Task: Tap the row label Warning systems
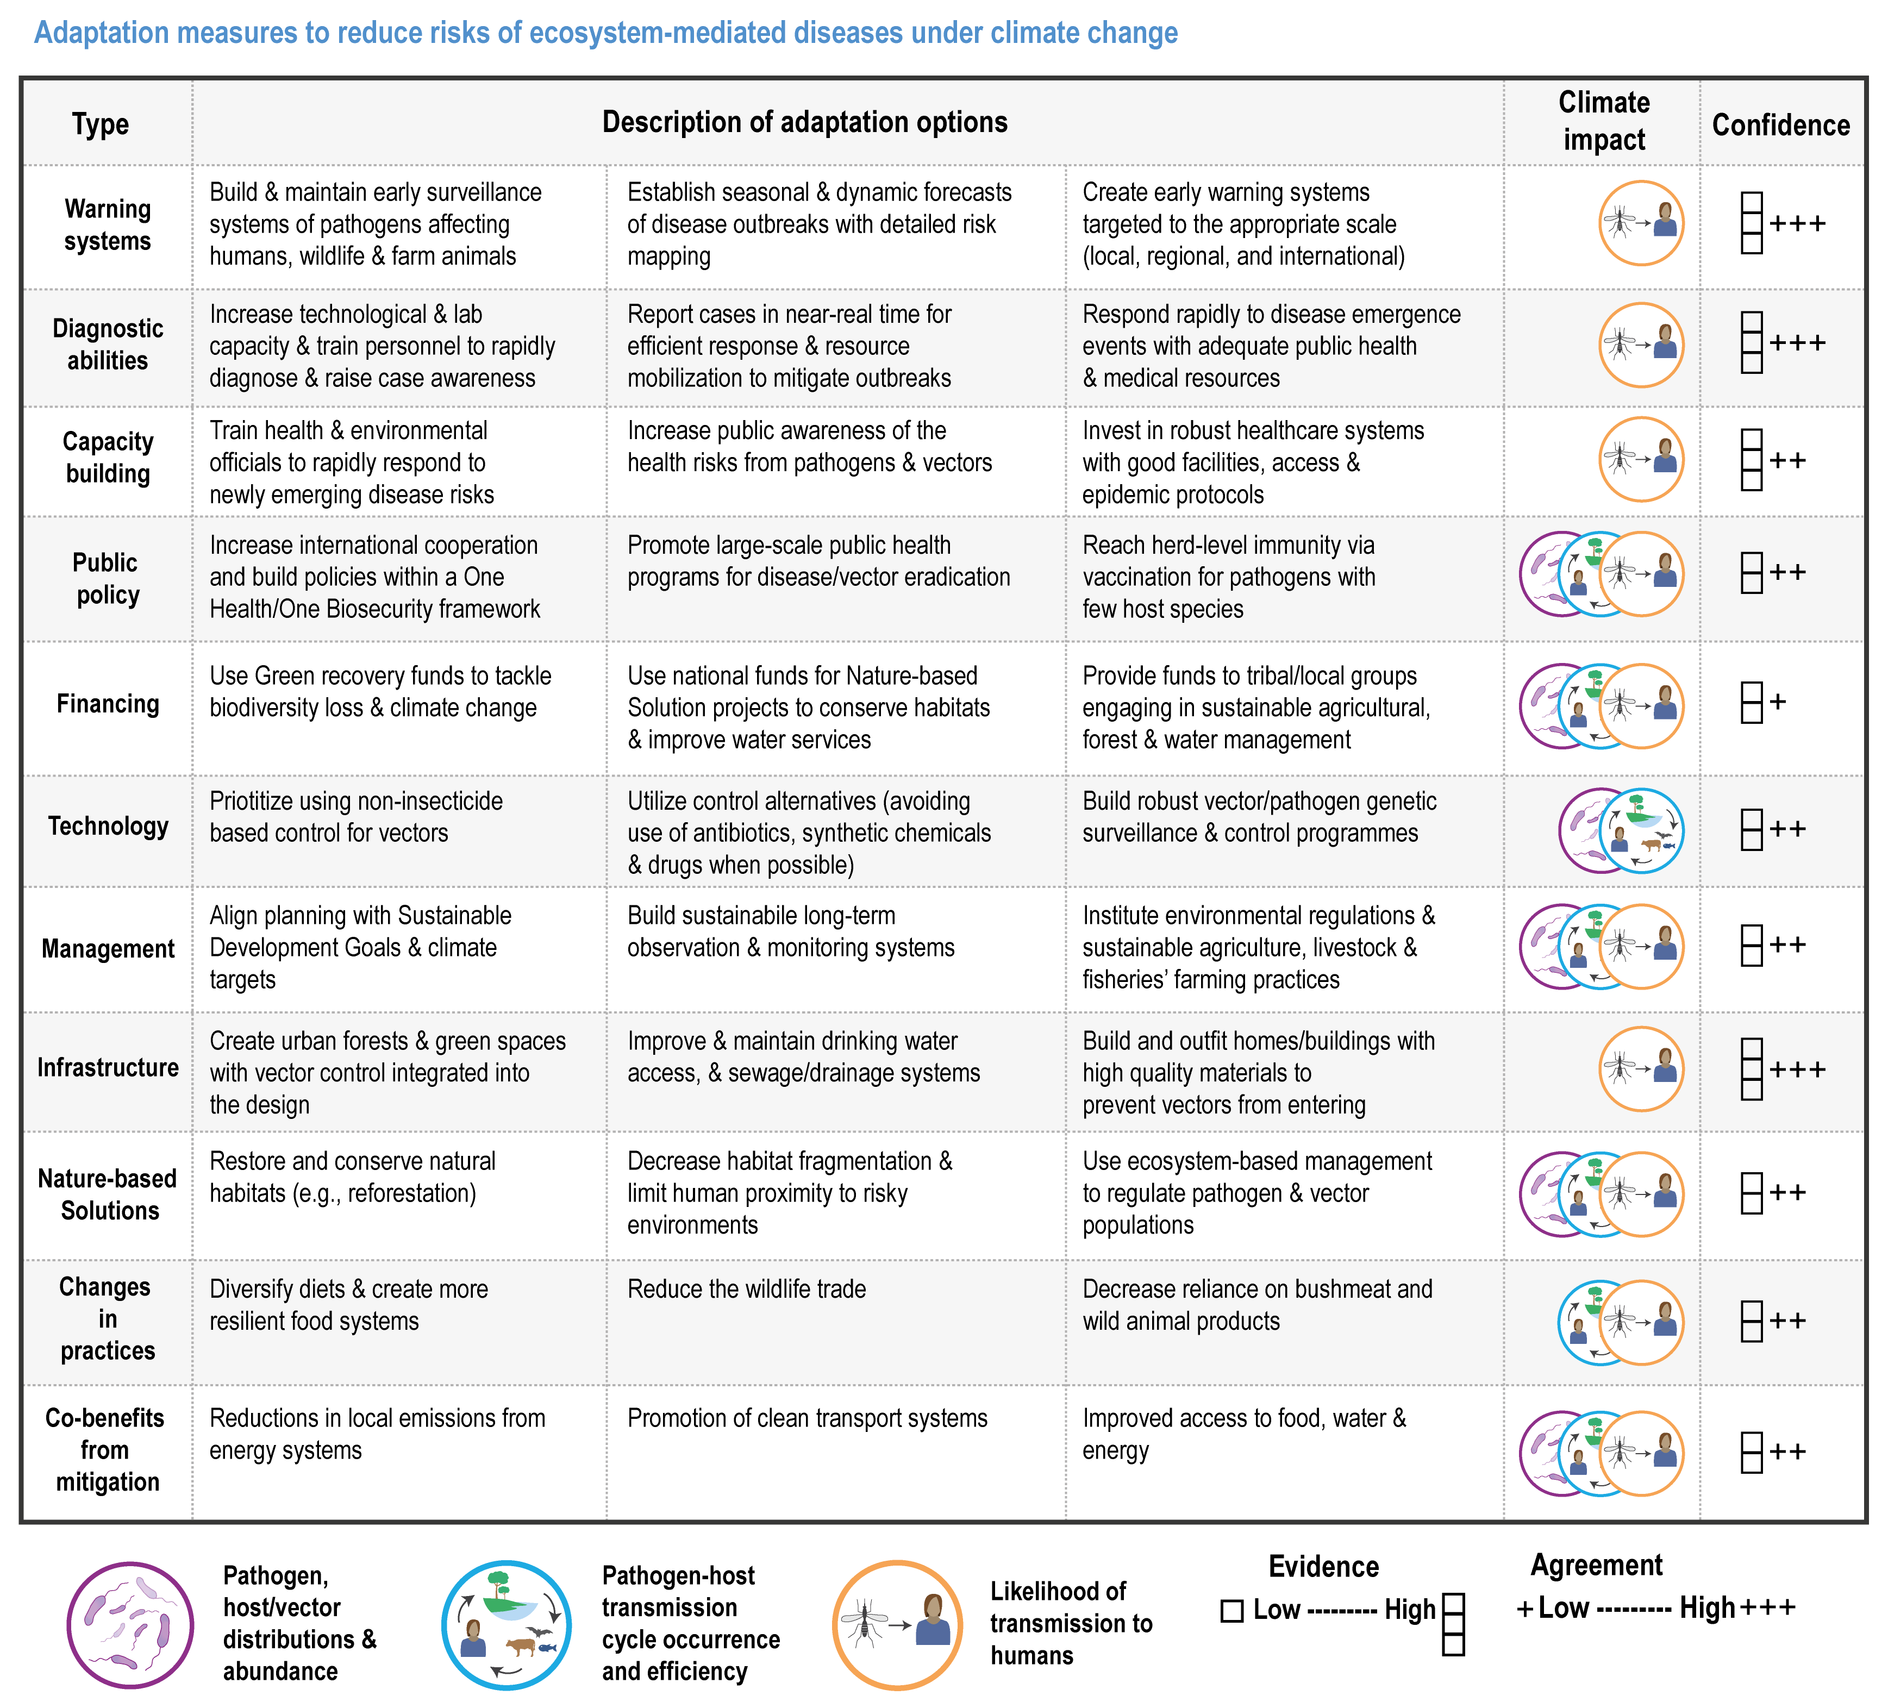(108, 225)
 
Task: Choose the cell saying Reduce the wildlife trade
(746, 1290)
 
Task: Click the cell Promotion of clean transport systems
(807, 1419)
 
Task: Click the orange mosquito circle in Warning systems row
(1641, 223)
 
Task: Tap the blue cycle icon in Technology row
(1641, 830)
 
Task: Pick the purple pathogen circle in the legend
(130, 1625)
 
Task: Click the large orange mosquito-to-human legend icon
(897, 1625)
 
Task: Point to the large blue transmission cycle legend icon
(507, 1625)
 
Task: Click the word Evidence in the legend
(1323, 1567)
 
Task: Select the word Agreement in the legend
(1597, 1565)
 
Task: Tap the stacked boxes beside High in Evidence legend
(1453, 1625)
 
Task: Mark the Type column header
(100, 124)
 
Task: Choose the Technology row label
(108, 826)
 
